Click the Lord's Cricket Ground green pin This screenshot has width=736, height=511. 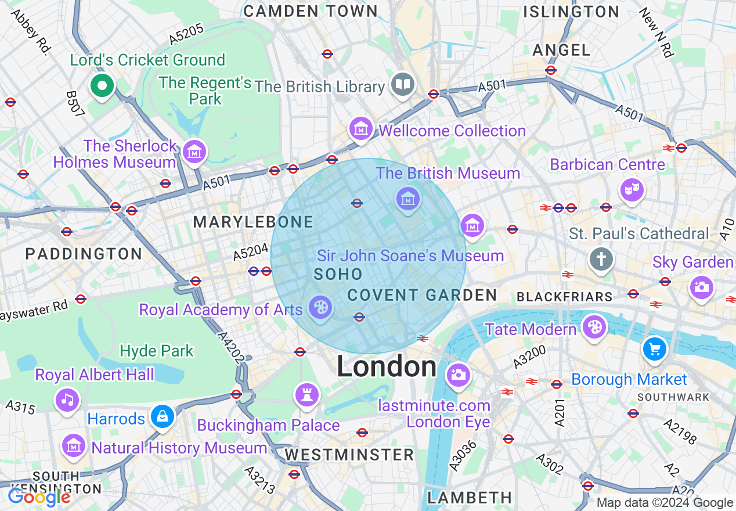102,86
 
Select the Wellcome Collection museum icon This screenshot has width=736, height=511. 361,128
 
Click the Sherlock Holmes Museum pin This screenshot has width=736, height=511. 194,152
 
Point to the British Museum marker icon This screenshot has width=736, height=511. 408,199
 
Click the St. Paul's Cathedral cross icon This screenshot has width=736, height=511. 601,259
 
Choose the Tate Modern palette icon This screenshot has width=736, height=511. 594,327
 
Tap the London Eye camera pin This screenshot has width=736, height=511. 458,375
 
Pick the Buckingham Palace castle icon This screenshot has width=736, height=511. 306,395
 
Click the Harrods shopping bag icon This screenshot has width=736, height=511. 163,416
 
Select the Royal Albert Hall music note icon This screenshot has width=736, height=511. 67,400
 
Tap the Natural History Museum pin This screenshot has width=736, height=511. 74,445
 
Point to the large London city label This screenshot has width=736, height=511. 387,367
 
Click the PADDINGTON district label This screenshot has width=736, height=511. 84,254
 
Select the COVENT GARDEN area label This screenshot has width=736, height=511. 422,295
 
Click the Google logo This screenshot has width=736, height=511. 39,497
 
